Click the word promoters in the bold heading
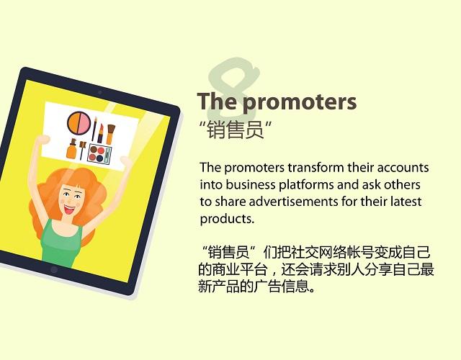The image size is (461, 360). (x=299, y=102)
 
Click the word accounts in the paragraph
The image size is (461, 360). (x=403, y=168)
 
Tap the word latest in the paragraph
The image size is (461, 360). (x=404, y=202)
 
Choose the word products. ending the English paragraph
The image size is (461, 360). (x=227, y=219)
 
